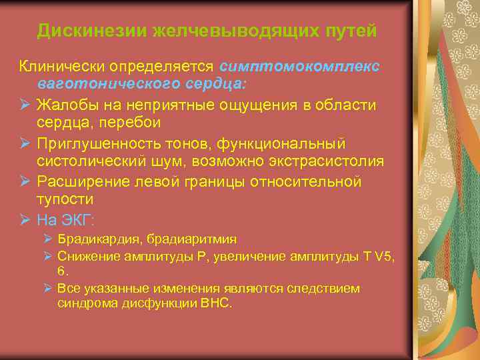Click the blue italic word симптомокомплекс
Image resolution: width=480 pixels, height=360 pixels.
point(299,67)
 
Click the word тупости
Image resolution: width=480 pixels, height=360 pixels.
point(65,200)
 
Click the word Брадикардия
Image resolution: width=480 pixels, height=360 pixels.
point(93,239)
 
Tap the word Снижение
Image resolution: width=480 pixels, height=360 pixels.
point(84,255)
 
